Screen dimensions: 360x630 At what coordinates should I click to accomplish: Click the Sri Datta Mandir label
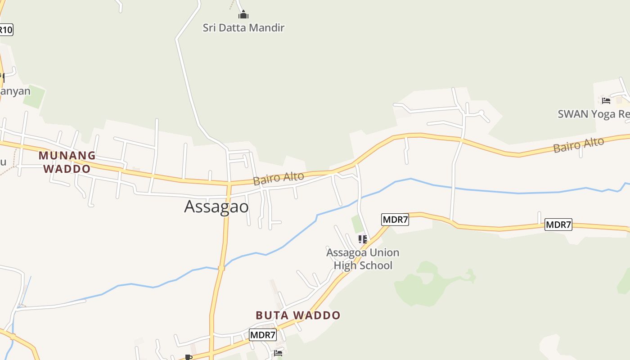click(243, 28)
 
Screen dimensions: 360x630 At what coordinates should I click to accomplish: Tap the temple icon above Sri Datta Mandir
click(243, 15)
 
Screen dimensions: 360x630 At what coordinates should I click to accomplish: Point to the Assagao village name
click(216, 207)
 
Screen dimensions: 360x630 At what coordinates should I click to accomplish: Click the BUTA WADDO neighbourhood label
click(298, 315)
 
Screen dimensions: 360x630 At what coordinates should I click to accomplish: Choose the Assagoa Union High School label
click(363, 259)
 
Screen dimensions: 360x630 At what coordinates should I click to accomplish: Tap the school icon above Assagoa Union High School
click(363, 239)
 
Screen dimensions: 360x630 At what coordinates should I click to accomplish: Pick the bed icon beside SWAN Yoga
click(606, 100)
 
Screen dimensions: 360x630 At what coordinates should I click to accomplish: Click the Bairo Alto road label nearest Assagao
click(279, 178)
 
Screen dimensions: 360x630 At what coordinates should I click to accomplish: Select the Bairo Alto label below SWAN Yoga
click(578, 145)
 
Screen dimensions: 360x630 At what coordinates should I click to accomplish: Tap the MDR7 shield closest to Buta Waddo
click(263, 335)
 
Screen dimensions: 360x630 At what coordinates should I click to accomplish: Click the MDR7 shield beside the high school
click(395, 220)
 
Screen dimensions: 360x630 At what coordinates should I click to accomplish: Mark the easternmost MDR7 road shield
click(558, 225)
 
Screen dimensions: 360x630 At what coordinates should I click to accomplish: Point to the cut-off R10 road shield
click(6, 30)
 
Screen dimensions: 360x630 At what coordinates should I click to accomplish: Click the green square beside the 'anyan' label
click(35, 96)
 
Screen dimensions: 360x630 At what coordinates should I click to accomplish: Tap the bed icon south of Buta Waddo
click(278, 353)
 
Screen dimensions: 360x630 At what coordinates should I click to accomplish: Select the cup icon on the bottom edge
click(189, 357)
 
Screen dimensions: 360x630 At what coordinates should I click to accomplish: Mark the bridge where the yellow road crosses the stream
click(221, 268)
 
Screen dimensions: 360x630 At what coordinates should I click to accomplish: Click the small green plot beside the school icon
click(357, 224)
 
